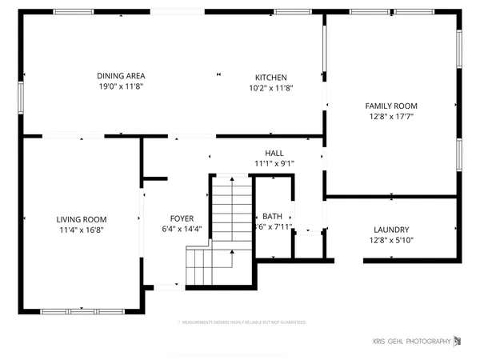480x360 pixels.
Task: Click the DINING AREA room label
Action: coord(120,75)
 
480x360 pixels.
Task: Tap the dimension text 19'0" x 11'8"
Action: coord(120,86)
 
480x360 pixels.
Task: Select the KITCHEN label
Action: coord(271,78)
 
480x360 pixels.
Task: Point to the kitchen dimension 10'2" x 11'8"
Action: coord(271,88)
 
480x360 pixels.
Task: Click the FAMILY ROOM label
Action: coord(391,106)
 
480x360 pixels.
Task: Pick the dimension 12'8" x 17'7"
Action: coord(391,116)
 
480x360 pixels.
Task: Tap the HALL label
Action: coord(274,153)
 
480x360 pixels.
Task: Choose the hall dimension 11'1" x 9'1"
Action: coord(274,163)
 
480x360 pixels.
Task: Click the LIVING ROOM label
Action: coord(81,219)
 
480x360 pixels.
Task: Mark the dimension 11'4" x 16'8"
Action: coord(81,230)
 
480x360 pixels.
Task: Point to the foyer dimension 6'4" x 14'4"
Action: coord(182,230)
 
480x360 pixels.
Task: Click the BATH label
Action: coord(272,216)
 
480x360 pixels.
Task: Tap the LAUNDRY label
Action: coord(391,229)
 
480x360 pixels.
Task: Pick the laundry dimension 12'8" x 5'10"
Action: coord(391,239)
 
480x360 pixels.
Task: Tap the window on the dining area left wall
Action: coord(22,94)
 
